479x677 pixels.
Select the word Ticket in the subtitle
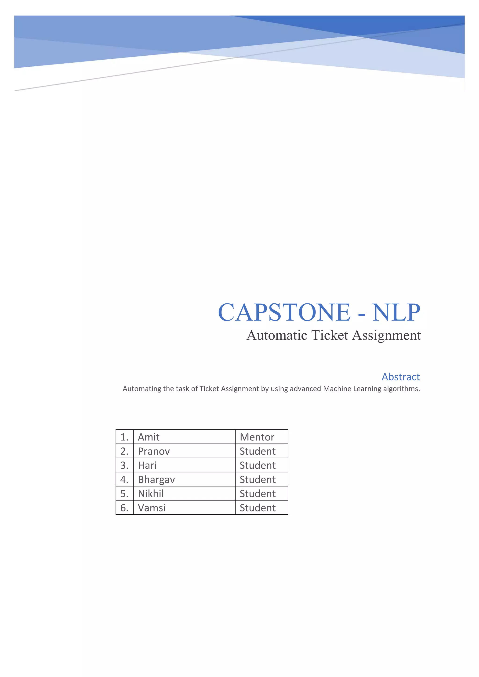click(330, 335)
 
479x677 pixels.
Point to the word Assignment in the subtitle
click(386, 335)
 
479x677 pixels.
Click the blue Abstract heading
click(401, 377)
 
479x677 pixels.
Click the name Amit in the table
click(149, 437)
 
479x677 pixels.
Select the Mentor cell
click(257, 437)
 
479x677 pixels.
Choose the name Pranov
click(154, 451)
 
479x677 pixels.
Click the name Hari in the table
click(147, 465)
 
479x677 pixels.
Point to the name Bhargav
click(156, 479)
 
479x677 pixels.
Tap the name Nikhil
click(151, 493)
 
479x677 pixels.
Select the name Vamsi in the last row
click(152, 508)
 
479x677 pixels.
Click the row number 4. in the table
click(124, 479)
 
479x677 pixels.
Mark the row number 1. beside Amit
click(124, 437)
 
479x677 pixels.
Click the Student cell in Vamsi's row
click(258, 508)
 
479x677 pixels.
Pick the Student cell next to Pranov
click(258, 451)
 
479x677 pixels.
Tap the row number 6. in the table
click(124, 508)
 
